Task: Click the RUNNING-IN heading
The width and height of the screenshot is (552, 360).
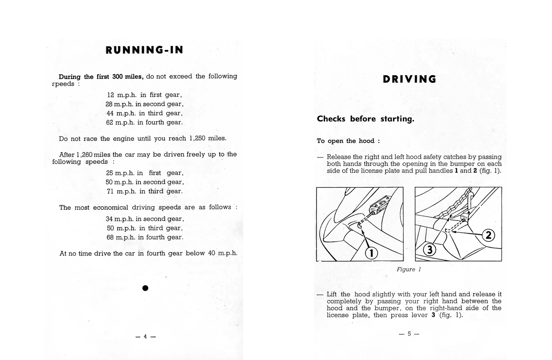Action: pyautogui.click(x=145, y=50)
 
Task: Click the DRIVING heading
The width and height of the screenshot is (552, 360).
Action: pyautogui.click(x=410, y=79)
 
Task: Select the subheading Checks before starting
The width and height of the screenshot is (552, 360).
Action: pyautogui.click(x=365, y=119)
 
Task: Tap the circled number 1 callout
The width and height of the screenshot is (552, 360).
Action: pyautogui.click(x=371, y=253)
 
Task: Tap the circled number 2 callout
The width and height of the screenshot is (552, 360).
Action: pyautogui.click(x=488, y=236)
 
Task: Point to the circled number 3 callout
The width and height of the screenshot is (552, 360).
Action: pyautogui.click(x=430, y=249)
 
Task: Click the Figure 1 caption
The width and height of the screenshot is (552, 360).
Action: pyautogui.click(x=409, y=269)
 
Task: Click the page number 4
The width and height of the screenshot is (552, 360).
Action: pyautogui.click(x=145, y=337)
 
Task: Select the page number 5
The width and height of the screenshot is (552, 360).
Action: pyautogui.click(x=409, y=334)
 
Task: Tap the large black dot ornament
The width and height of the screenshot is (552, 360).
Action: pyautogui.click(x=145, y=288)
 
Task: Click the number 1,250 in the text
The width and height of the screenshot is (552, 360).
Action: pyautogui.click(x=197, y=138)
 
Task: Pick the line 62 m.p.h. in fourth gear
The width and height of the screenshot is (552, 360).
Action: pyautogui.click(x=144, y=122)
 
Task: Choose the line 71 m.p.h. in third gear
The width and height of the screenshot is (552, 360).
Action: pyautogui.click(x=145, y=191)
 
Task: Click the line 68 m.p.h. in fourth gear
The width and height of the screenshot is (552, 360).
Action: pyautogui.click(x=145, y=237)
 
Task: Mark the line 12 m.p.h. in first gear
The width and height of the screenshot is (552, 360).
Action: pyautogui.click(x=144, y=95)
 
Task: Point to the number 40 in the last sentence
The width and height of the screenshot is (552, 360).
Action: pyautogui.click(x=211, y=253)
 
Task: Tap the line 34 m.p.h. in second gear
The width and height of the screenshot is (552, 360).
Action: pyautogui.click(x=145, y=219)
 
